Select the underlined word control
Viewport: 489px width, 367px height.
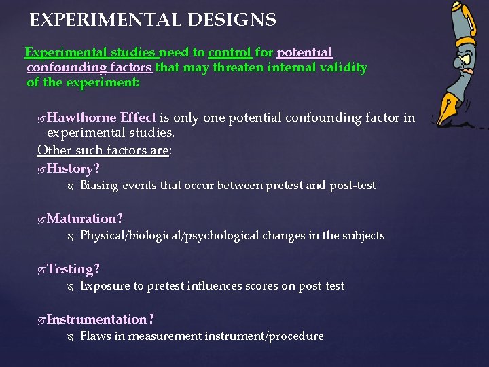click(230, 52)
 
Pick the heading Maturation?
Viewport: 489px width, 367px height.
click(85, 218)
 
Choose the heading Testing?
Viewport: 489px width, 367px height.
click(73, 268)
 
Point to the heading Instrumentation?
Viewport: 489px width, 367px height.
click(101, 319)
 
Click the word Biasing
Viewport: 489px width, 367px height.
click(99, 186)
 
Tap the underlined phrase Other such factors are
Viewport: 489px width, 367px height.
click(103, 150)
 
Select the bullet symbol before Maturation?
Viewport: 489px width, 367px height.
click(42, 219)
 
